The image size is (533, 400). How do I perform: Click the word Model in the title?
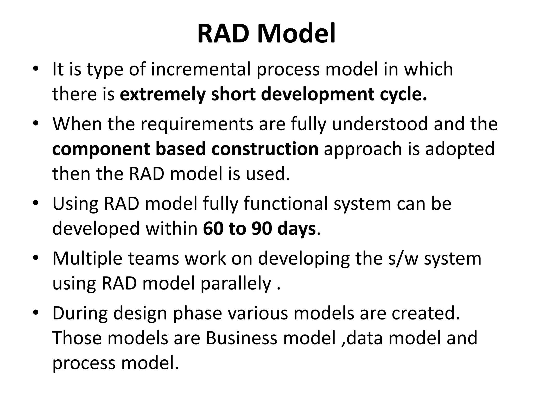click(296, 34)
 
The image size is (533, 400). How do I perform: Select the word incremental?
click(200, 69)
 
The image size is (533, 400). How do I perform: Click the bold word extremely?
click(163, 94)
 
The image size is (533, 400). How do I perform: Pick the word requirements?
click(197, 124)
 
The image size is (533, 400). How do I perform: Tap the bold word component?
click(101, 149)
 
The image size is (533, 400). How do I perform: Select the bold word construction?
click(265, 149)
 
